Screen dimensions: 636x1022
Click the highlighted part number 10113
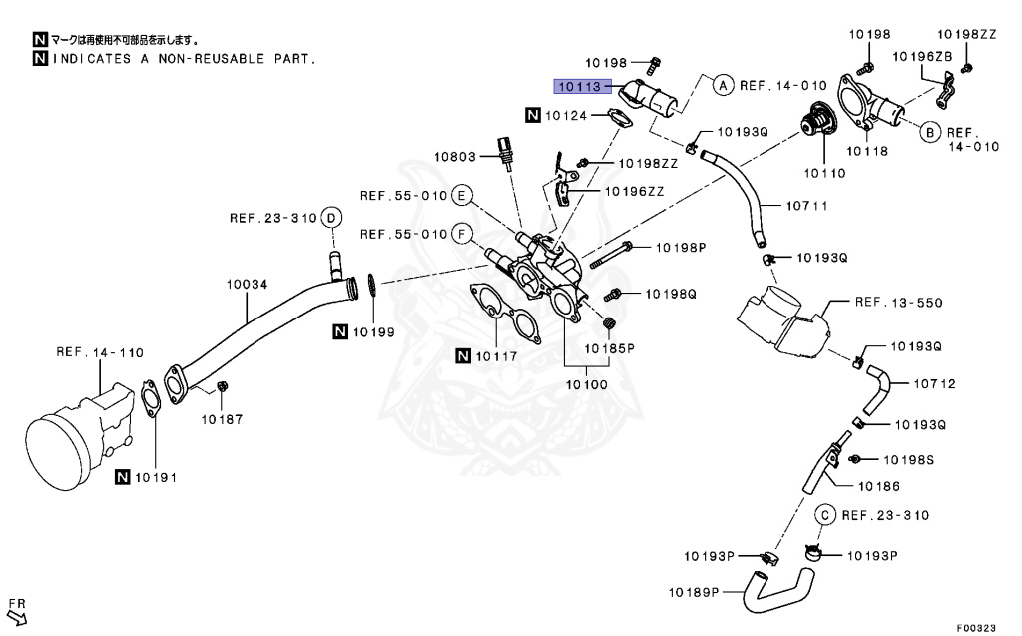coord(580,87)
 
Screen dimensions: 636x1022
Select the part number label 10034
coord(247,285)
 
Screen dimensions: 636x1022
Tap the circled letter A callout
coord(723,86)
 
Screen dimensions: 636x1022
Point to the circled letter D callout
coord(332,218)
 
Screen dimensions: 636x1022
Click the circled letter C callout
coord(825,515)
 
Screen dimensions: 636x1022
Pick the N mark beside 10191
coord(122,477)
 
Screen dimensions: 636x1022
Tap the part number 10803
coord(456,156)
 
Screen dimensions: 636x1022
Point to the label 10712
coord(934,383)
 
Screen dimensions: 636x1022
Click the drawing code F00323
coord(976,628)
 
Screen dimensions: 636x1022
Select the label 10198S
coord(907,460)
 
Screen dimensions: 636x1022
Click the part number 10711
coord(807,206)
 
